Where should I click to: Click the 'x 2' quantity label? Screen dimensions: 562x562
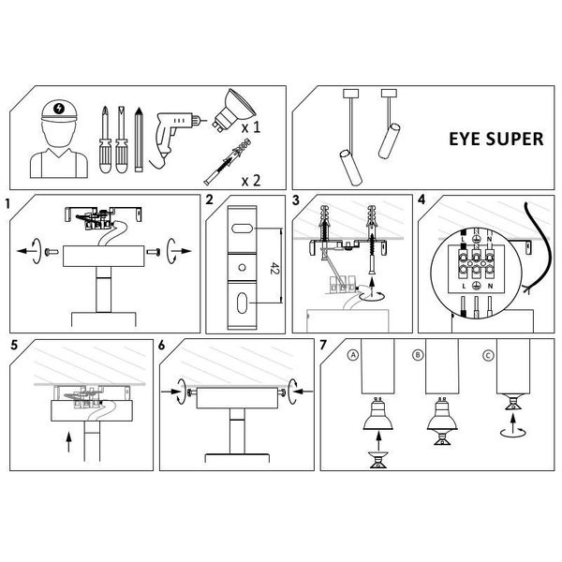pos(250,179)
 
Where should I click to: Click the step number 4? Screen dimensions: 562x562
pos(421,201)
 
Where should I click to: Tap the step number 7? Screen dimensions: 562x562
pos(323,345)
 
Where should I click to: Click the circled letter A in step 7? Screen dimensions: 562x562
pos(352,356)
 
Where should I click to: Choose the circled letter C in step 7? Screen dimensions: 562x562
pos(487,356)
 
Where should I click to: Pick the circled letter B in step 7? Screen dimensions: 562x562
pos(418,356)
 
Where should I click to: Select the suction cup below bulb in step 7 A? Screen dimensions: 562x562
pos(378,460)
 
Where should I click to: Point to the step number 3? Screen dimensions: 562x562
pos(296,201)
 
